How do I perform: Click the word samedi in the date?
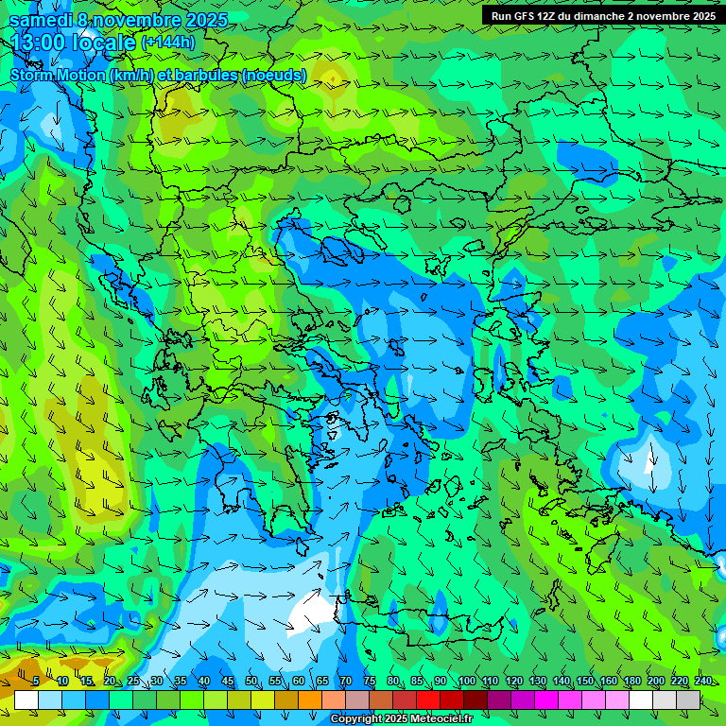41,20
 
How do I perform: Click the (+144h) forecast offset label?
168,43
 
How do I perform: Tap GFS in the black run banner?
527,16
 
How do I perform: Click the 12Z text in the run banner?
552,16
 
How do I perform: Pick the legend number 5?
36,682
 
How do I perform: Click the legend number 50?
251,682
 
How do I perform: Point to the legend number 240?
703,682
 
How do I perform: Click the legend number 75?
370,682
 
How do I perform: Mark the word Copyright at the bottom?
357,719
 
